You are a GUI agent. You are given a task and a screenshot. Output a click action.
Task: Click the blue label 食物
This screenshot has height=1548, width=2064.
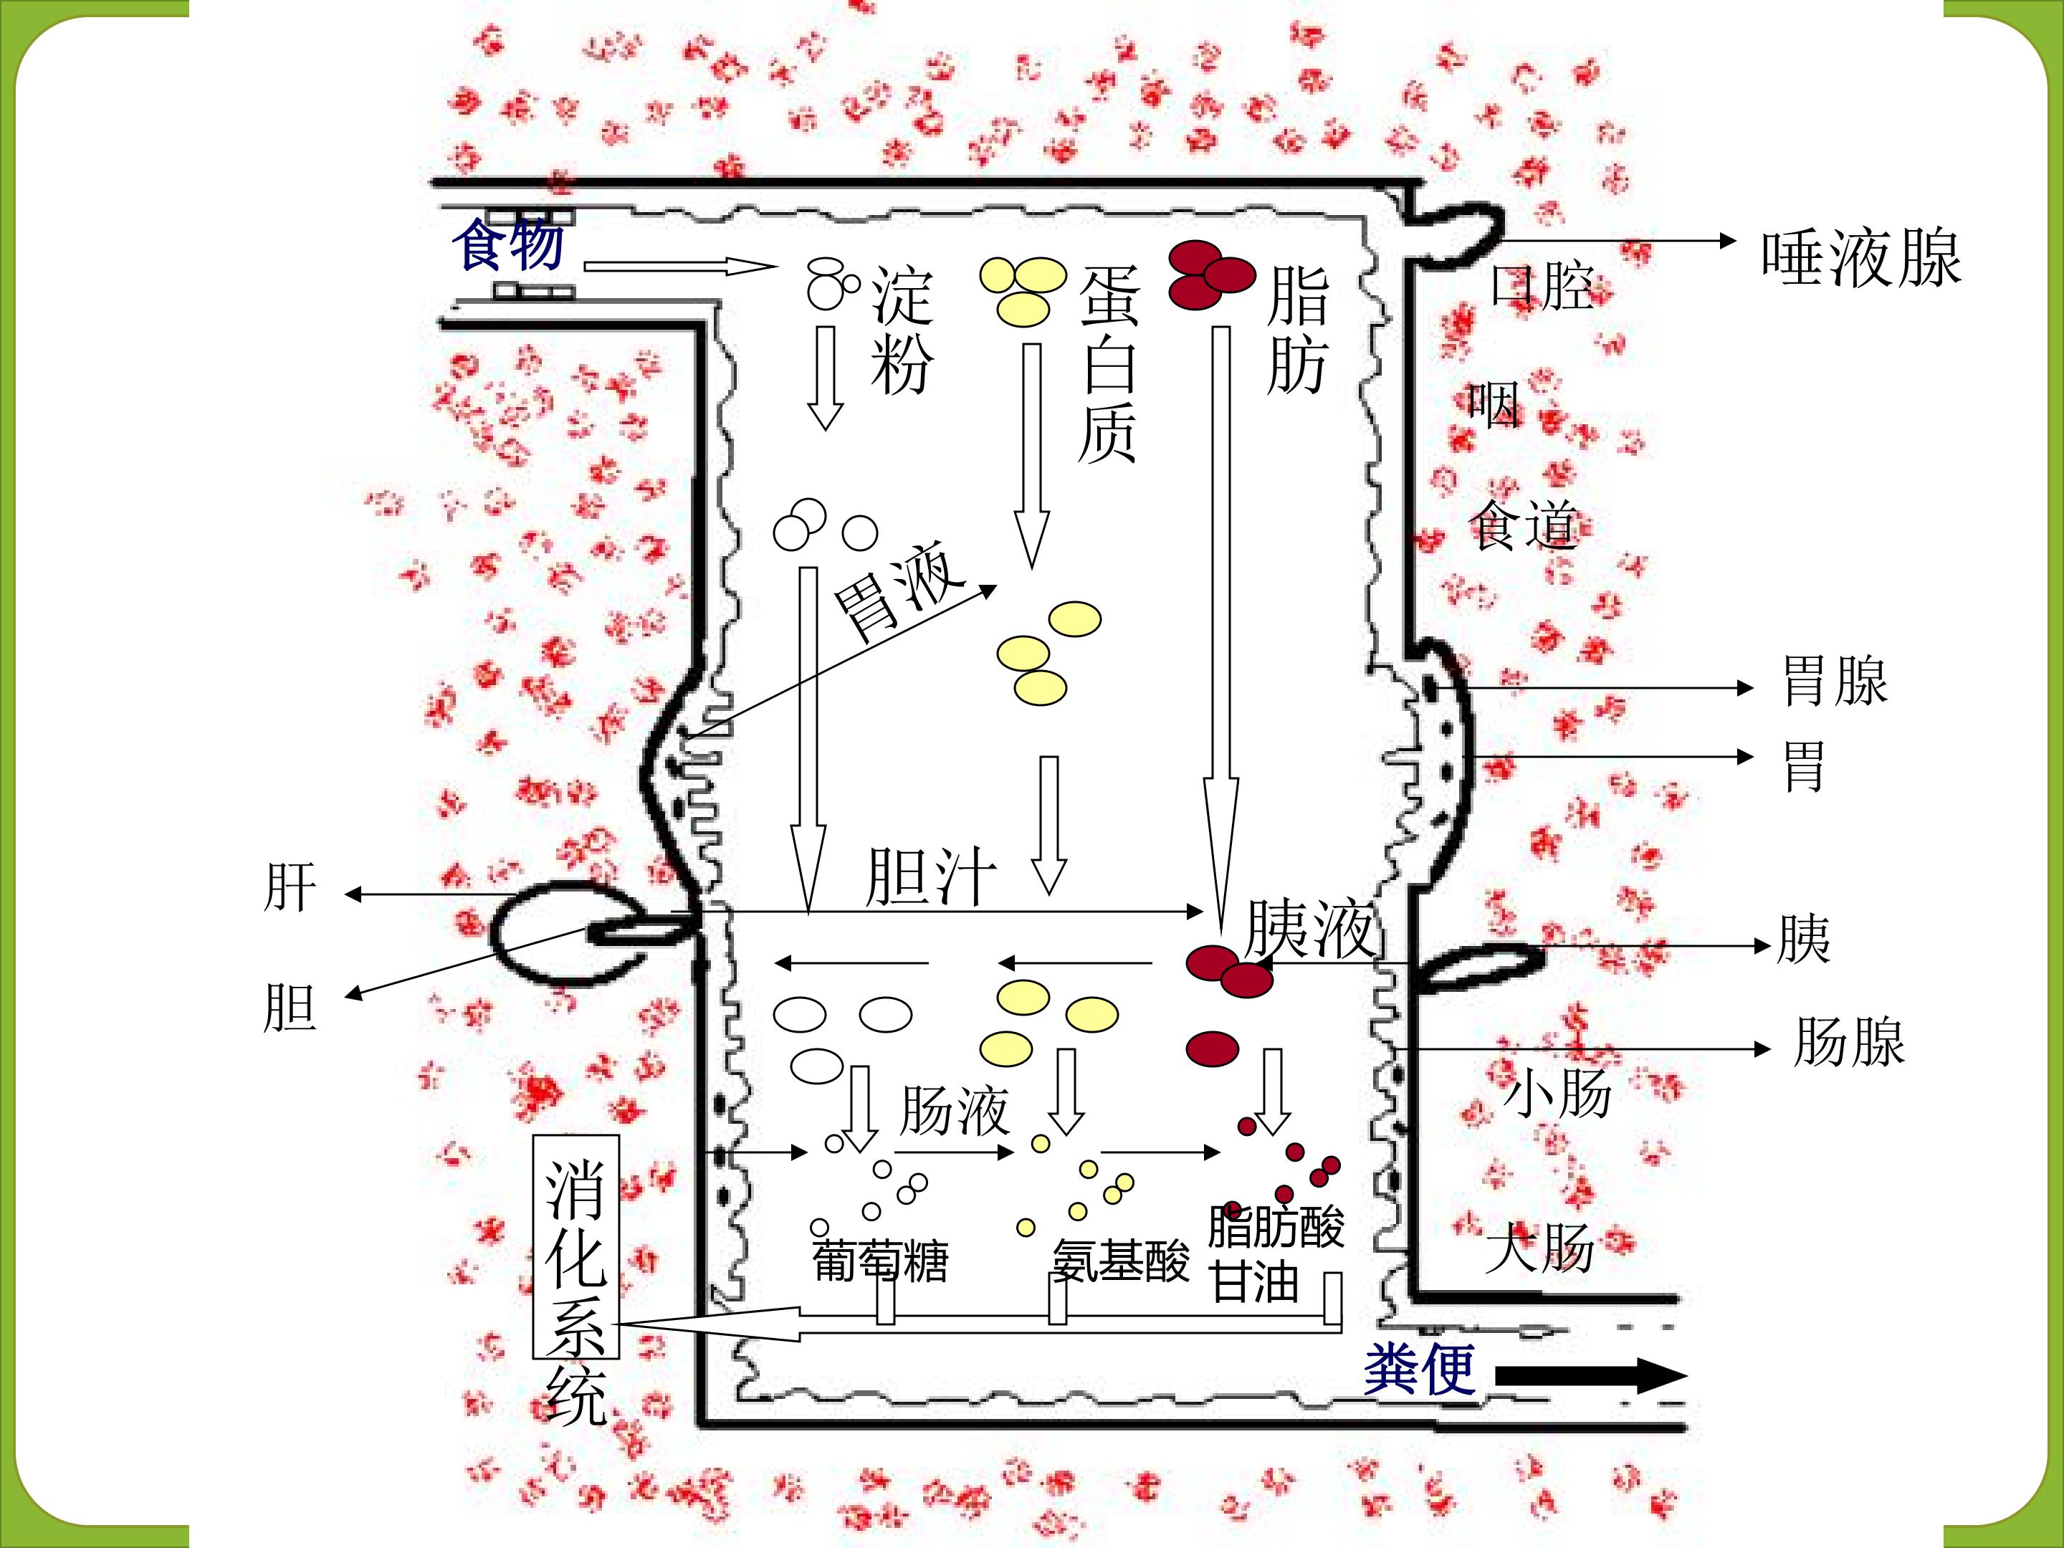tap(509, 244)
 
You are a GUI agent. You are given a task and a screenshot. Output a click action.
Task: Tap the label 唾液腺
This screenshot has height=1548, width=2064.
tap(1861, 259)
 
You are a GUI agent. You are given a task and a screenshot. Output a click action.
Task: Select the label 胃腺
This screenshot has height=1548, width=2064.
tap(1835, 680)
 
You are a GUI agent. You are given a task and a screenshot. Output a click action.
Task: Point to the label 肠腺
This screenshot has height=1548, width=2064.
tap(1848, 1041)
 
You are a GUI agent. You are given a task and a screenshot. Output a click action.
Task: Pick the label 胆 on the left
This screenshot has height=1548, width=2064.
tap(290, 1007)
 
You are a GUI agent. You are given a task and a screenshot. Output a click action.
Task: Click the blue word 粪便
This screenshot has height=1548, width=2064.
tap(1419, 1370)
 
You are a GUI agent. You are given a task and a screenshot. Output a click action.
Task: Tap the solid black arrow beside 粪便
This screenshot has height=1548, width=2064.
tap(1591, 1375)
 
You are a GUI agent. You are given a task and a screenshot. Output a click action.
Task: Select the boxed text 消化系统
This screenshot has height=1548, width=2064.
tap(575, 1292)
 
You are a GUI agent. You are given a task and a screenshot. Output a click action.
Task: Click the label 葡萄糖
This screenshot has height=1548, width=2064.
tap(880, 1261)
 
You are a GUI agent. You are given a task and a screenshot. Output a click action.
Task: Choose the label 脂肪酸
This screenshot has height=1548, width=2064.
tap(1276, 1226)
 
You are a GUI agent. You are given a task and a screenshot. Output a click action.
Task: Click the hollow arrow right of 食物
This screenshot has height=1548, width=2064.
tap(680, 267)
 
